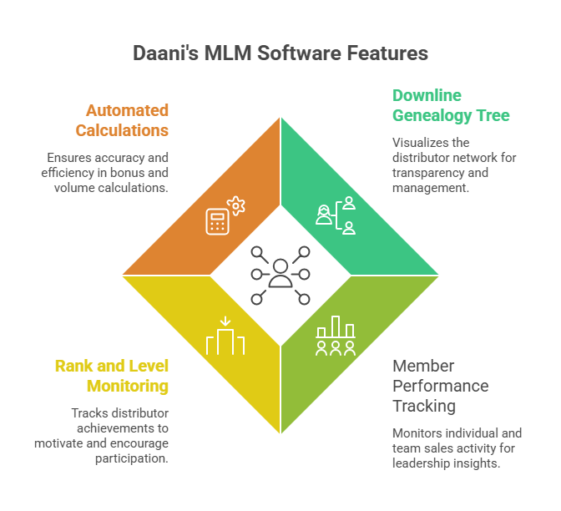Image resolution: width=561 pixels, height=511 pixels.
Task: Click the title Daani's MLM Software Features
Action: point(280,53)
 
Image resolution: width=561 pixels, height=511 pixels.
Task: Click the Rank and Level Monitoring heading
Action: point(112,376)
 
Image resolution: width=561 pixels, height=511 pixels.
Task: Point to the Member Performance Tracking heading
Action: point(441,386)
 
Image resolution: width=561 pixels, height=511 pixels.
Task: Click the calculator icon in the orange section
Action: point(218,221)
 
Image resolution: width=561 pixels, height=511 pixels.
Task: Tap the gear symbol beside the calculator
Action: point(236,205)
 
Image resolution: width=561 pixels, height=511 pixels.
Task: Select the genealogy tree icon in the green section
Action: point(336,215)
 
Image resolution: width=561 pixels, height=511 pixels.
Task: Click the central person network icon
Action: point(280,274)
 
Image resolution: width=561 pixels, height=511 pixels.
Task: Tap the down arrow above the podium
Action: point(225,321)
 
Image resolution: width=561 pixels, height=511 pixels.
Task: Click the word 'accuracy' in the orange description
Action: point(120,158)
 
